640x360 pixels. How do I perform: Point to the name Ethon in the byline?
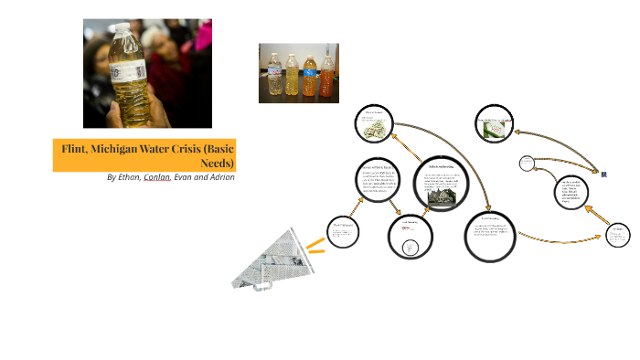click(x=128, y=176)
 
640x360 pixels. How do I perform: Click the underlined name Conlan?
click(x=156, y=176)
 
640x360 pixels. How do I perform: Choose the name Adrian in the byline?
click(x=219, y=176)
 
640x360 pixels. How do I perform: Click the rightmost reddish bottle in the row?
click(x=326, y=78)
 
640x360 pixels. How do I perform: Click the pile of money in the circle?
click(x=375, y=131)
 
